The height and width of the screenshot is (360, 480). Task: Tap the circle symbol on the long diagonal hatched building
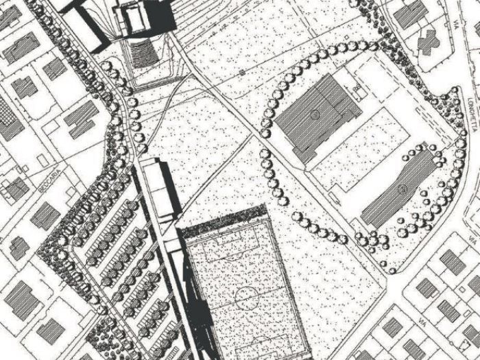[403, 187]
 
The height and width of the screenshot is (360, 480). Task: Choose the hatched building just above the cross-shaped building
[409, 14]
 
